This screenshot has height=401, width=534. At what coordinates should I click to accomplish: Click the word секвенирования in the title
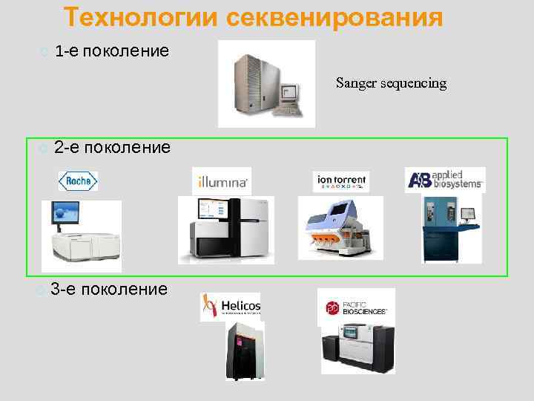(x=334, y=17)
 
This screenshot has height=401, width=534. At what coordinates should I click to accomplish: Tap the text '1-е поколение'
(x=112, y=51)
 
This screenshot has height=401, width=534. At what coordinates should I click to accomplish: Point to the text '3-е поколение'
(x=109, y=288)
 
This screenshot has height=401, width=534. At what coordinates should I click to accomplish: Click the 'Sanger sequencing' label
(x=391, y=82)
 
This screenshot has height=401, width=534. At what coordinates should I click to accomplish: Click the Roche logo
(x=78, y=181)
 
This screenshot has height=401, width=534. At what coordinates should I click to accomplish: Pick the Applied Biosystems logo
(x=445, y=180)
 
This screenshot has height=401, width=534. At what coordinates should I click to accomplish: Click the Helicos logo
(x=231, y=307)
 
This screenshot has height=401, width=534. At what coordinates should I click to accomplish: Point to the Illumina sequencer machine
(x=225, y=230)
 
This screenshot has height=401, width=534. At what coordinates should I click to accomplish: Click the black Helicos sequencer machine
(x=245, y=351)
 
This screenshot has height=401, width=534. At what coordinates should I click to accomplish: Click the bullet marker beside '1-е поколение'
(x=46, y=52)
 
